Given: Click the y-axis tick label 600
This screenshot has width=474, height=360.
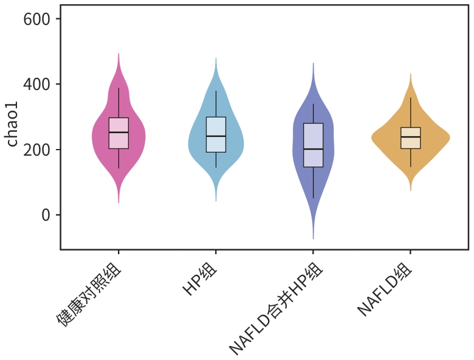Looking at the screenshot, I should tap(41, 19).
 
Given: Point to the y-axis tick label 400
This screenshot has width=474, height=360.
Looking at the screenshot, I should tap(41, 84).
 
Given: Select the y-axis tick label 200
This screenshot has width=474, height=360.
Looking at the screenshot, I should tap(41, 150).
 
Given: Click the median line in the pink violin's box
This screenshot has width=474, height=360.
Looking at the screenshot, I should tap(118, 132).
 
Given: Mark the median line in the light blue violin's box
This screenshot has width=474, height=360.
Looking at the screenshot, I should tap(216, 136).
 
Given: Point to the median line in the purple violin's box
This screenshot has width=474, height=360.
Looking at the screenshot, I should tap(313, 148).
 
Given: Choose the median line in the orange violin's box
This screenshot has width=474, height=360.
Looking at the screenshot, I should tap(410, 137).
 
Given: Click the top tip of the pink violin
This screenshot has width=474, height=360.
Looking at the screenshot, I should tap(118, 54).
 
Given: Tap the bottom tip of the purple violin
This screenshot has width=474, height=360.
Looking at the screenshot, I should tap(313, 239).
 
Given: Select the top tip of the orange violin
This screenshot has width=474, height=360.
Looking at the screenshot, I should tap(410, 74).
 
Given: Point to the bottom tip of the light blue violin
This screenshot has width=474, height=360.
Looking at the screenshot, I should tap(216, 201).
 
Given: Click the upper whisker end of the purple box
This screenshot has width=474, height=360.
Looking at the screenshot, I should tap(313, 104).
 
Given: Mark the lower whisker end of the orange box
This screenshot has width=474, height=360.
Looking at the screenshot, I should tap(410, 167).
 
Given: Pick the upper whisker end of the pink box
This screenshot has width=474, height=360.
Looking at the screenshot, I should tap(118, 88).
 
